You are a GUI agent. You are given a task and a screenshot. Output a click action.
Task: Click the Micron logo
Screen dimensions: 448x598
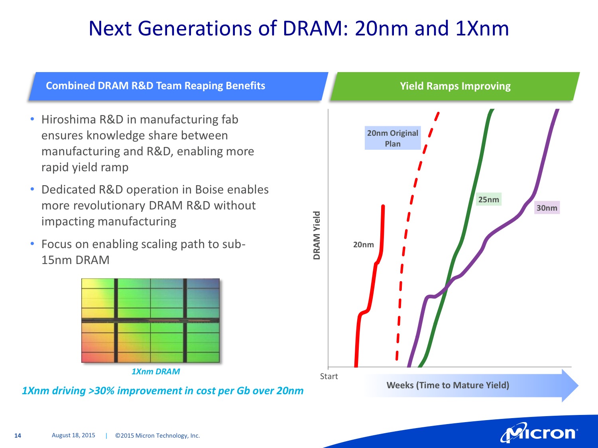tap(539, 433)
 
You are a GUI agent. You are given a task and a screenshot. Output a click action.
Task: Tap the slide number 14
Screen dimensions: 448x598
tap(18, 436)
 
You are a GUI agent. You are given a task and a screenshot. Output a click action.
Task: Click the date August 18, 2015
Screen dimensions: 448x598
tap(73, 435)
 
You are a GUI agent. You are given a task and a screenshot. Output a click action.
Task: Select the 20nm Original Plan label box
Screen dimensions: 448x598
tap(393, 138)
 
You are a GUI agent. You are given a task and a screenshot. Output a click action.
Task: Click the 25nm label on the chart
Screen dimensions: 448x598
tap(488, 200)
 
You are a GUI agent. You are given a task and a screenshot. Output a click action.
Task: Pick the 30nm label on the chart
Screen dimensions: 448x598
tap(547, 208)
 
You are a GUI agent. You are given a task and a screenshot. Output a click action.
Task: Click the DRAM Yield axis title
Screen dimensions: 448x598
tap(317, 235)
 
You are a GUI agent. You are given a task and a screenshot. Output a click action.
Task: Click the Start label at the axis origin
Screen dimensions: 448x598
tap(329, 376)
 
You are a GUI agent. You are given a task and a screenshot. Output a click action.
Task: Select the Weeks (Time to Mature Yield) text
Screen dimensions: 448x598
tap(448, 385)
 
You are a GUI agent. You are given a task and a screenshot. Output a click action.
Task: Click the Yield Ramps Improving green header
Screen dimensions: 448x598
tap(455, 86)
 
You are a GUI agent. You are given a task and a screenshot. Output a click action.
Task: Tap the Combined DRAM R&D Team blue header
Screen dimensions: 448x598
tap(155, 86)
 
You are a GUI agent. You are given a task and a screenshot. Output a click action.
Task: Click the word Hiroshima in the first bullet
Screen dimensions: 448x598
tap(69, 119)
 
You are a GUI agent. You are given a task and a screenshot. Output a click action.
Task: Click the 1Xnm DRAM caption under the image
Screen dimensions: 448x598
tap(155, 372)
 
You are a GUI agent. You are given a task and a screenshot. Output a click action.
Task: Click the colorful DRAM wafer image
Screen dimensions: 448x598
tap(150, 320)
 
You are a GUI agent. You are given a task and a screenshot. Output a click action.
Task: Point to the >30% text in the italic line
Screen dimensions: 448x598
tap(101, 391)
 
